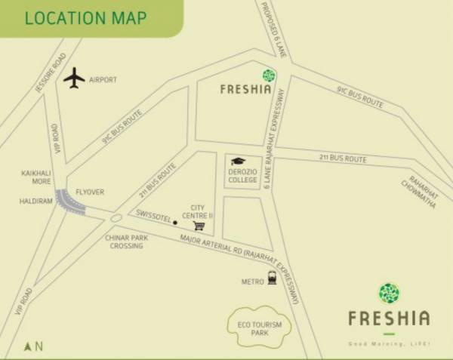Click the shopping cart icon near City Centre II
tap(199, 224)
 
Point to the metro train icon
tap(270, 279)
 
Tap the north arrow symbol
tap(29, 346)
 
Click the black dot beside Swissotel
tap(175, 223)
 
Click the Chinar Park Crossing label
tap(127, 242)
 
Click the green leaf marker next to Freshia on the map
tap(268, 75)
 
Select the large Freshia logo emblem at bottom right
tap(389, 294)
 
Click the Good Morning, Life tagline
tap(388, 343)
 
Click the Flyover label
tap(89, 191)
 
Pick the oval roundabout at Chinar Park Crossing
tap(116, 219)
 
